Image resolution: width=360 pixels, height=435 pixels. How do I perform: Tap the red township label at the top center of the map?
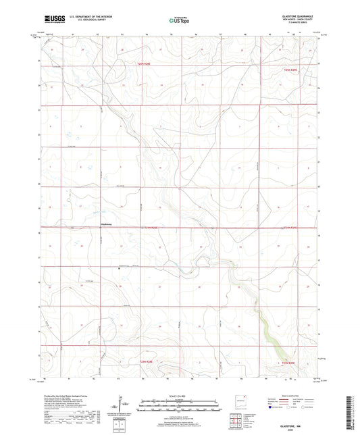coord(138,64)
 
